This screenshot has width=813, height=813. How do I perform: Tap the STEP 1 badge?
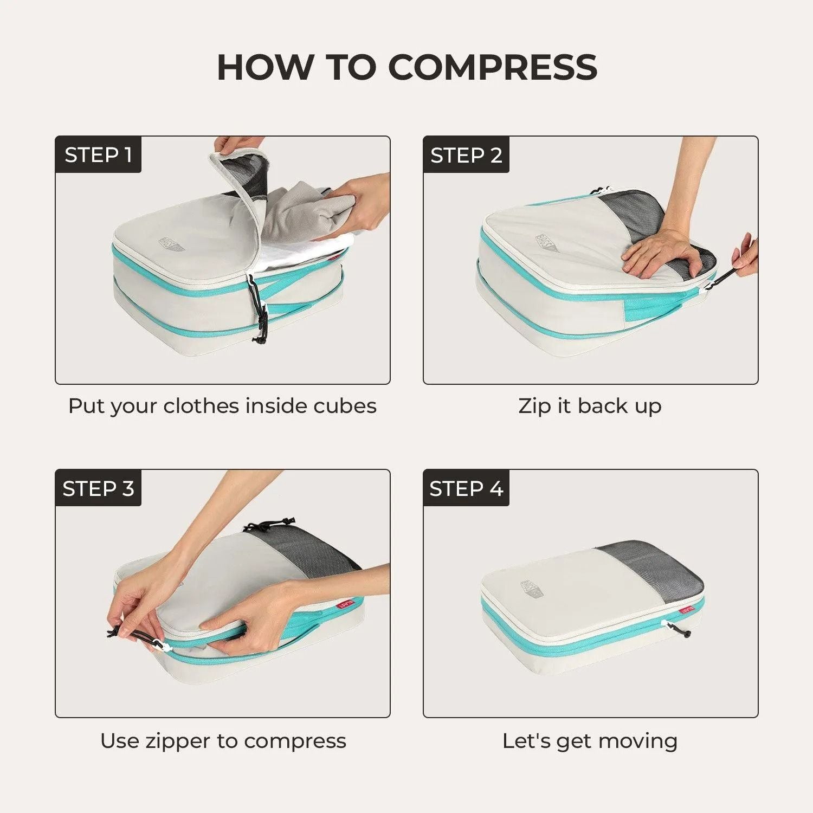pos(98,155)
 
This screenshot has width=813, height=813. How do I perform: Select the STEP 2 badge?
pos(466,155)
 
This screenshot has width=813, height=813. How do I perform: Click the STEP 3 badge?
pos(98,488)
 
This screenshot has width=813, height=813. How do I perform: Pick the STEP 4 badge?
pos(466,488)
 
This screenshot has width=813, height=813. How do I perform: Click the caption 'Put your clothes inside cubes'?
pos(222,406)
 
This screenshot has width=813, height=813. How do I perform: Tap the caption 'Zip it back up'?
pos(590,406)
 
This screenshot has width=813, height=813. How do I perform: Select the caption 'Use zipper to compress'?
pos(223,740)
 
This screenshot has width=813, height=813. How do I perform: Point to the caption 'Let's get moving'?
pos(590,740)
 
